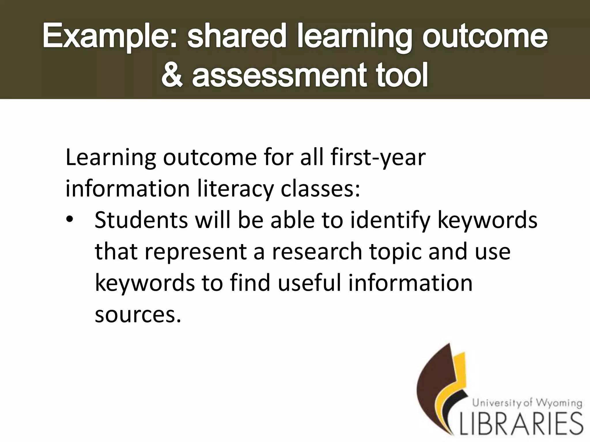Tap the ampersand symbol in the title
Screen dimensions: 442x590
point(172,75)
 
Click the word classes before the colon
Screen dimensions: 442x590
point(318,189)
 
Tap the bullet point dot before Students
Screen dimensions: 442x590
point(70,220)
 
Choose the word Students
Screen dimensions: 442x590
point(141,220)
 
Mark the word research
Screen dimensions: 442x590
point(317,251)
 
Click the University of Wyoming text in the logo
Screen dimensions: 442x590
point(527,403)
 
